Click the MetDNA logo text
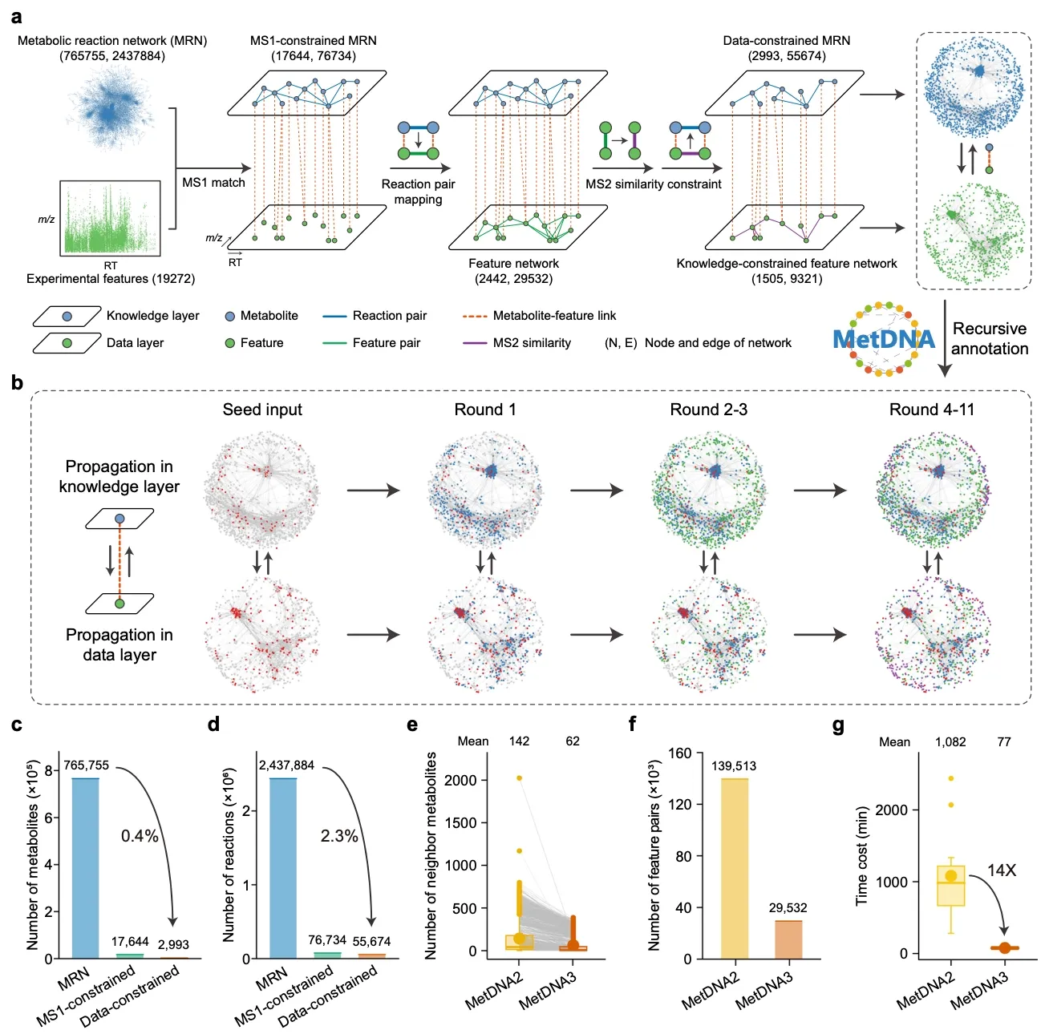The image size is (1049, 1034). click(883, 340)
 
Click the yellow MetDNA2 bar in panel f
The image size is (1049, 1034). click(734, 869)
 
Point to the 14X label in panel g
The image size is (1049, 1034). click(1001, 870)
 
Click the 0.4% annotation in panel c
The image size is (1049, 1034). click(140, 835)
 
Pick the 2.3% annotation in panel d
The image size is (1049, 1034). click(338, 835)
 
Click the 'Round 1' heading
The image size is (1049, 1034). click(484, 410)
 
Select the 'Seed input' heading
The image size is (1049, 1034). click(261, 410)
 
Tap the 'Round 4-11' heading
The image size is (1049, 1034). click(931, 410)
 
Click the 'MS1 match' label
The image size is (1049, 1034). click(213, 182)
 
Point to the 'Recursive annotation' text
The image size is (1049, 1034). click(989, 338)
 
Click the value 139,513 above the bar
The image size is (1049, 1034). click(733, 765)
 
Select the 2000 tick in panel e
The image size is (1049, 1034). click(460, 781)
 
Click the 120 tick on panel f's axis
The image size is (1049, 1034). click(680, 804)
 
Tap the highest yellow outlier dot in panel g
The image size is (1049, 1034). click(950, 778)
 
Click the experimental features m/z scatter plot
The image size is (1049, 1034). click(110, 218)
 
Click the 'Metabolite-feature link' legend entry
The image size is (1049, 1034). click(539, 316)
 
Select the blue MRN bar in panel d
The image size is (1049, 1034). click(283, 868)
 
